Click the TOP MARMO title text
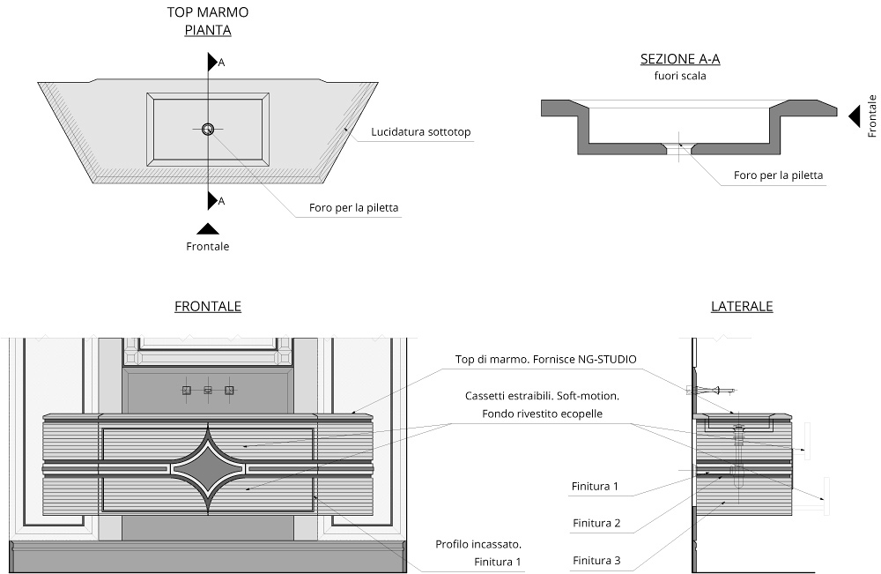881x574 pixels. coord(207,11)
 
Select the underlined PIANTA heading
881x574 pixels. coord(207,30)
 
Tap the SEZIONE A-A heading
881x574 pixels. coord(680,59)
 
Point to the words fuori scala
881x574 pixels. coord(680,75)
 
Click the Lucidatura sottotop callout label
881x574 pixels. coord(421,132)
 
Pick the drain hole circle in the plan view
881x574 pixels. coord(208,129)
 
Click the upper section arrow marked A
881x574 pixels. coord(212,62)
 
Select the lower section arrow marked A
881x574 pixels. coord(212,200)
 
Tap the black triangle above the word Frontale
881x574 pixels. coord(208,228)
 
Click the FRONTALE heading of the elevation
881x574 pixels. coord(208,306)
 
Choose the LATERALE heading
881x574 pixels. coord(742,306)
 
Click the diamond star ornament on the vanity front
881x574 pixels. coord(208,467)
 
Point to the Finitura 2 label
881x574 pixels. coord(596,523)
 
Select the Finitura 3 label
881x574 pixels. coord(596,560)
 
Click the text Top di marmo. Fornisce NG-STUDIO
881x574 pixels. coord(545,359)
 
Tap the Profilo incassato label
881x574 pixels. coord(478,544)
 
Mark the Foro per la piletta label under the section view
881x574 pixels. coord(778,175)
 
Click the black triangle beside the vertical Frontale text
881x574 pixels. coord(854,116)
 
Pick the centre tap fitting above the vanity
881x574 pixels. coord(208,391)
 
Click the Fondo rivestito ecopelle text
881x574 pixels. coord(542,414)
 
